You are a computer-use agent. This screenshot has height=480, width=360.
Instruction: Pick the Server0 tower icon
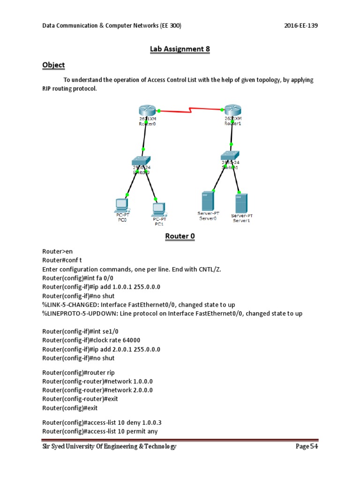tap(206, 201)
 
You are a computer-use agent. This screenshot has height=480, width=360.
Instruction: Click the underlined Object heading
tap(53, 65)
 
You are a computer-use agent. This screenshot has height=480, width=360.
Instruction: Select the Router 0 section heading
tap(180, 236)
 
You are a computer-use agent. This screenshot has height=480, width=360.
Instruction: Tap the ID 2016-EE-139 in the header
tap(301, 25)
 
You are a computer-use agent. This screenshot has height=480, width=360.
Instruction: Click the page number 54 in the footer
tap(314, 447)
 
